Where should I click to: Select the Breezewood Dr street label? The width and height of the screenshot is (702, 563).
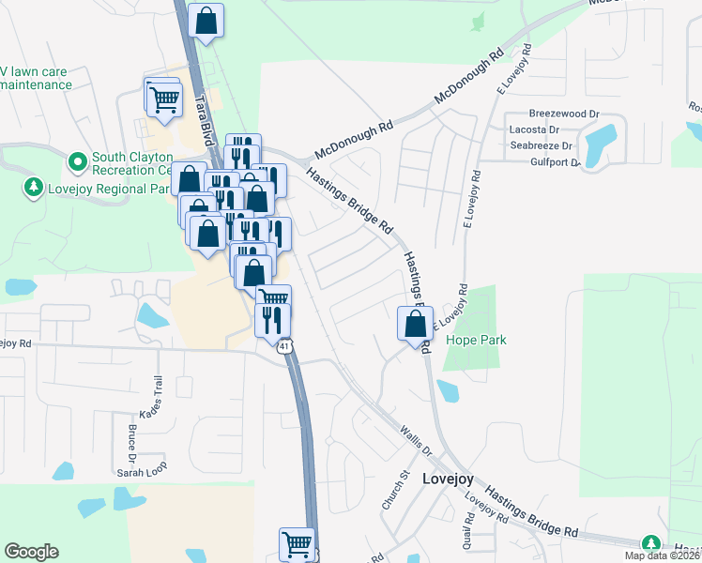[563, 114]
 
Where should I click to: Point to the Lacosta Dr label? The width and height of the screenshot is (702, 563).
[534, 129]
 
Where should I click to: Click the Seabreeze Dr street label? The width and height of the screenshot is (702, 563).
[541, 145]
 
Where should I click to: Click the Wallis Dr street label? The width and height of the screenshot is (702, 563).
[414, 439]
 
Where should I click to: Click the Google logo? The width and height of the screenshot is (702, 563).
[32, 552]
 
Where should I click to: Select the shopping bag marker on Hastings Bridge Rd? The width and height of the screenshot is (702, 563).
[415, 326]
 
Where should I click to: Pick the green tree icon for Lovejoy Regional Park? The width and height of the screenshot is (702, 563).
[34, 188]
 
